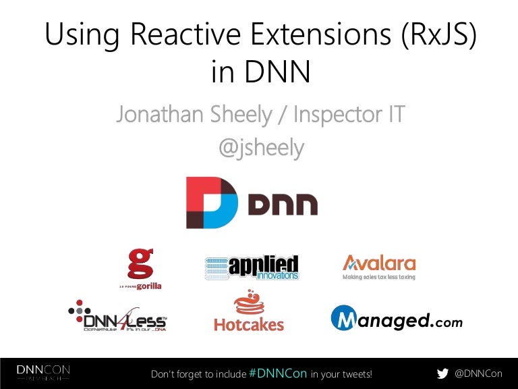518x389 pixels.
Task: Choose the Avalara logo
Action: (378, 263)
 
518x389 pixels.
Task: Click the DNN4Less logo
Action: (118, 315)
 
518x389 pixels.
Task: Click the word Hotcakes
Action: (248, 324)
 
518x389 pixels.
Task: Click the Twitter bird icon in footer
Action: (442, 373)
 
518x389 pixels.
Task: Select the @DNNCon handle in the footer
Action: (478, 373)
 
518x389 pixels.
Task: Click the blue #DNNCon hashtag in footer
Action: (278, 373)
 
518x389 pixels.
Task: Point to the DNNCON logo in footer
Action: (43, 373)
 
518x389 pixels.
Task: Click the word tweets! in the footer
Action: (356, 374)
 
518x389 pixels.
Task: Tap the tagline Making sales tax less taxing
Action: (378, 277)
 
